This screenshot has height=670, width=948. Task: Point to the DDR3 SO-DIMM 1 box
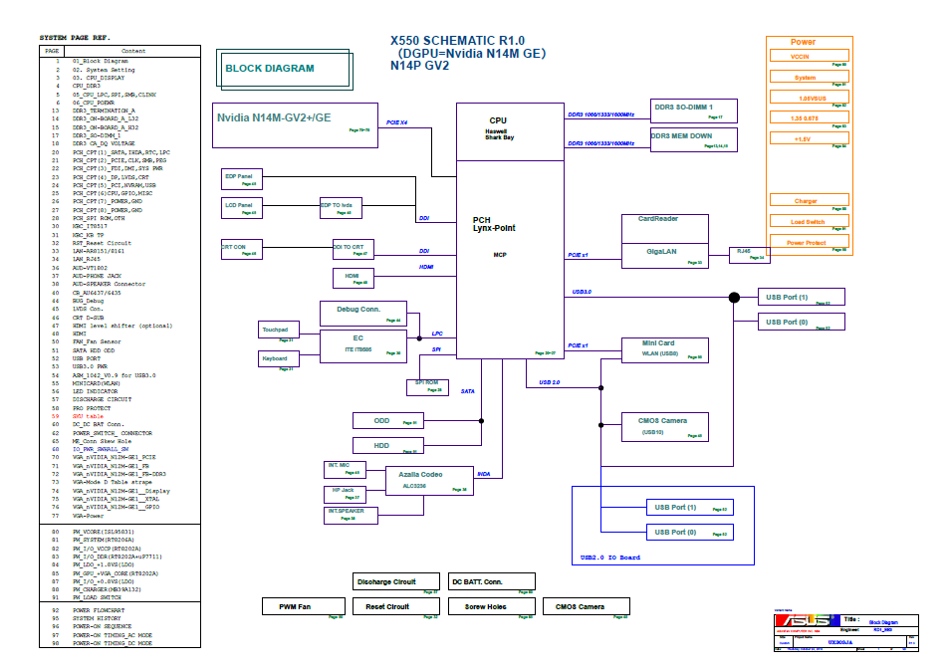694,111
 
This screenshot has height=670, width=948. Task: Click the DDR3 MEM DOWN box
694,139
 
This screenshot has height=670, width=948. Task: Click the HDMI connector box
353,278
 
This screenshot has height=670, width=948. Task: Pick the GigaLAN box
664,255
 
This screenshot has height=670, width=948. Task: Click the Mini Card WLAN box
664,348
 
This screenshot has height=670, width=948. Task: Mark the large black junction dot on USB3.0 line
734,297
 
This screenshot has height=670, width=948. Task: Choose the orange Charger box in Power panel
808,201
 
